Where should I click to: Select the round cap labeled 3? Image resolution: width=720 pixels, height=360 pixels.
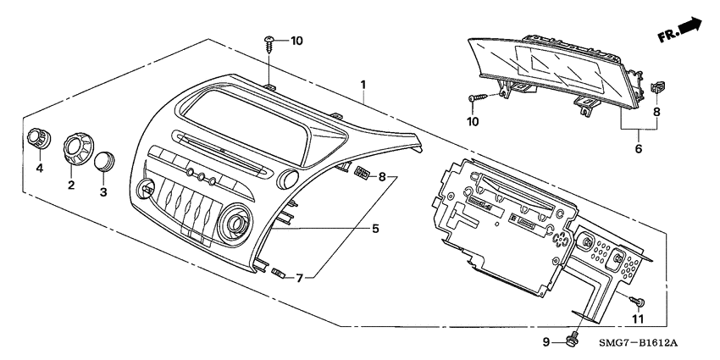coord(106,161)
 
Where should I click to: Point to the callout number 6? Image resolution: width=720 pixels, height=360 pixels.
coord(639,148)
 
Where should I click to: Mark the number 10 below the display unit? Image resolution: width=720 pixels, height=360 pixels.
coord(470,122)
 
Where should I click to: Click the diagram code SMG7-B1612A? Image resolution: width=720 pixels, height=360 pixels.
coord(641,342)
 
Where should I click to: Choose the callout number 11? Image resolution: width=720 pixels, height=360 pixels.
coord(639,318)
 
